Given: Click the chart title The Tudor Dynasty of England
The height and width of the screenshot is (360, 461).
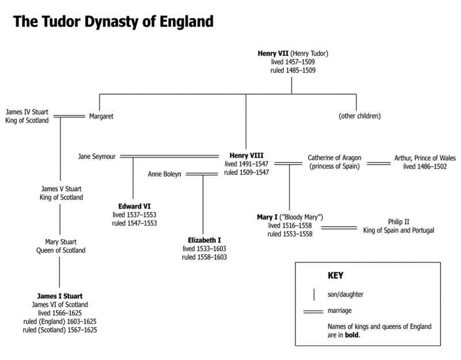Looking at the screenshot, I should [114, 21].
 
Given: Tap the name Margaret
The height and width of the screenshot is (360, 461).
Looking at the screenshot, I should [101, 116].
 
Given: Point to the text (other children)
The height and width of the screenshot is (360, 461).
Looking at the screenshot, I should [360, 116].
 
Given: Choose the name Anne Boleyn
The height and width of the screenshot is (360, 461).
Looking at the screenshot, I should [165, 173].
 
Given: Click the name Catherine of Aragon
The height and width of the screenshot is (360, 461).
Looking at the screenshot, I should [335, 157].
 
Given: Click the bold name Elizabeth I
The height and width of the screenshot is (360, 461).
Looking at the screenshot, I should [205, 240].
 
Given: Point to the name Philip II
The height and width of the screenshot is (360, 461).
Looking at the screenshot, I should [398, 222].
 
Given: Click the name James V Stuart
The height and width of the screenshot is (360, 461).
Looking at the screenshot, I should [61, 189].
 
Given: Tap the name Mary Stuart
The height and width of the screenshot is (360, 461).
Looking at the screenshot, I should [61, 242].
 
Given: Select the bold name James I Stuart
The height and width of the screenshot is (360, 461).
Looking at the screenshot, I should [61, 295].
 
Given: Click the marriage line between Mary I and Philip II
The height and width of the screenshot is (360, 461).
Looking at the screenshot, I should [339, 227].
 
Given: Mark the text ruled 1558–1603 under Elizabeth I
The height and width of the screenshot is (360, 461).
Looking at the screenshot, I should [205, 257].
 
